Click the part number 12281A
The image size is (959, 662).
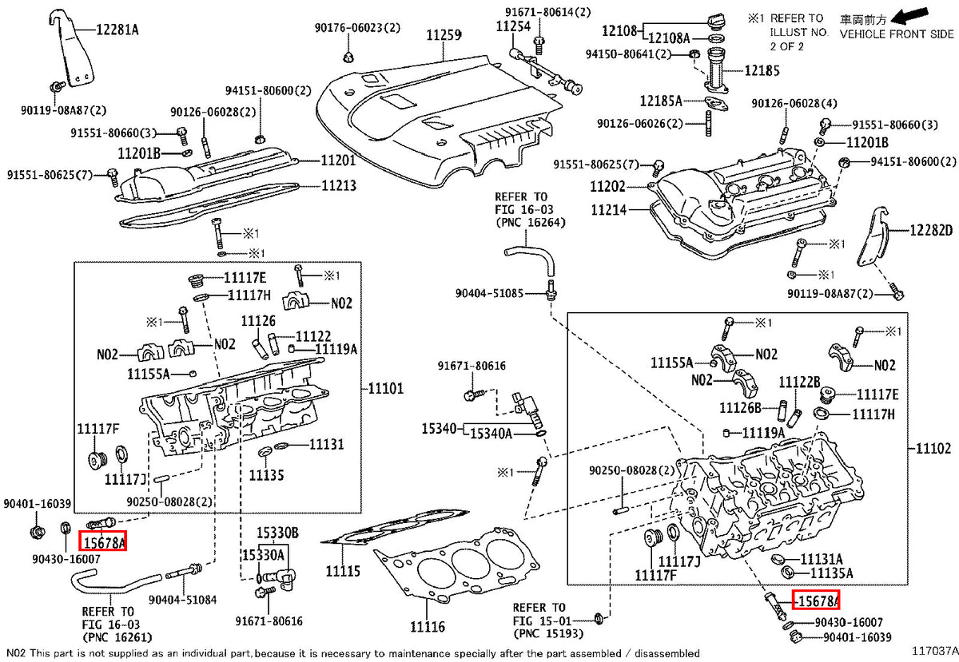[117, 30]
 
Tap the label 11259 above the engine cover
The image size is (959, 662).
[444, 35]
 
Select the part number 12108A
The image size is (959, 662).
[669, 38]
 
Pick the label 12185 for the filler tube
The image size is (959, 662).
[762, 70]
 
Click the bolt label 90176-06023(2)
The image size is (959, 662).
[357, 28]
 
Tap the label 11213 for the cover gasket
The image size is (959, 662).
[339, 186]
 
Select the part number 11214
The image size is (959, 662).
[609, 210]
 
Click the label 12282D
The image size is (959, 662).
[931, 231]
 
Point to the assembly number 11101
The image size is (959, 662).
[386, 389]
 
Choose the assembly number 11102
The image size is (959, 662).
[933, 449]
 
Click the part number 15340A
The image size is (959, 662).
[491, 434]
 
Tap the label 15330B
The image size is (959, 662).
[277, 533]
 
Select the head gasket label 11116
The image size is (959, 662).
[428, 627]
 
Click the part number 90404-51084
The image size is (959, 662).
[183, 600]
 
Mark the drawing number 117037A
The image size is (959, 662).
[935, 651]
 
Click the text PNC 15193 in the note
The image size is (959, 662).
[548, 634]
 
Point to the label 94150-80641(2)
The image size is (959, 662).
[628, 54]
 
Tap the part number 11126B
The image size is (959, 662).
[740, 408]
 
